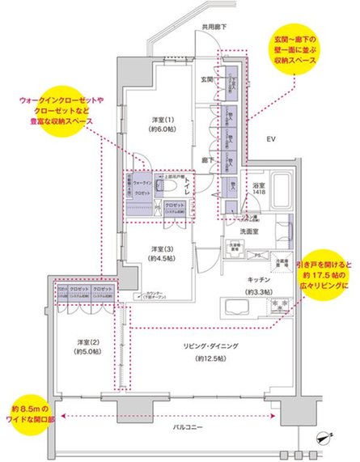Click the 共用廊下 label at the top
[x=214, y=27]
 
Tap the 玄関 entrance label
[x=206, y=79]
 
